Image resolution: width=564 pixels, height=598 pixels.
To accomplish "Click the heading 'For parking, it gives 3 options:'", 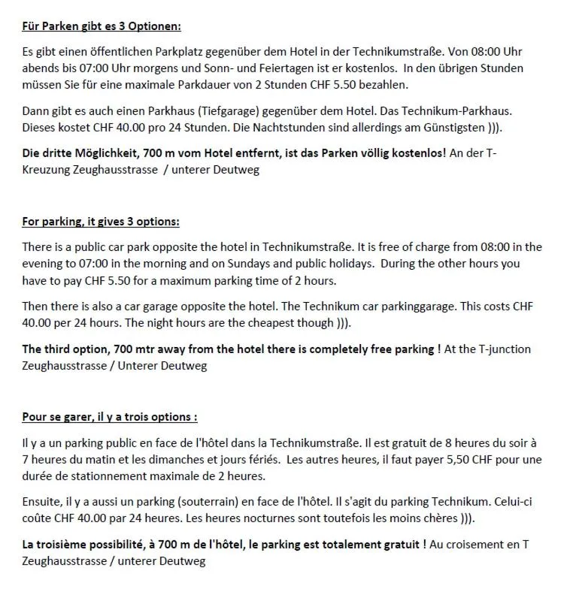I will click(x=101, y=222).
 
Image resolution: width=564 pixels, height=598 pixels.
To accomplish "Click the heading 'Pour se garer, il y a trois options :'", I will click(x=110, y=417).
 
